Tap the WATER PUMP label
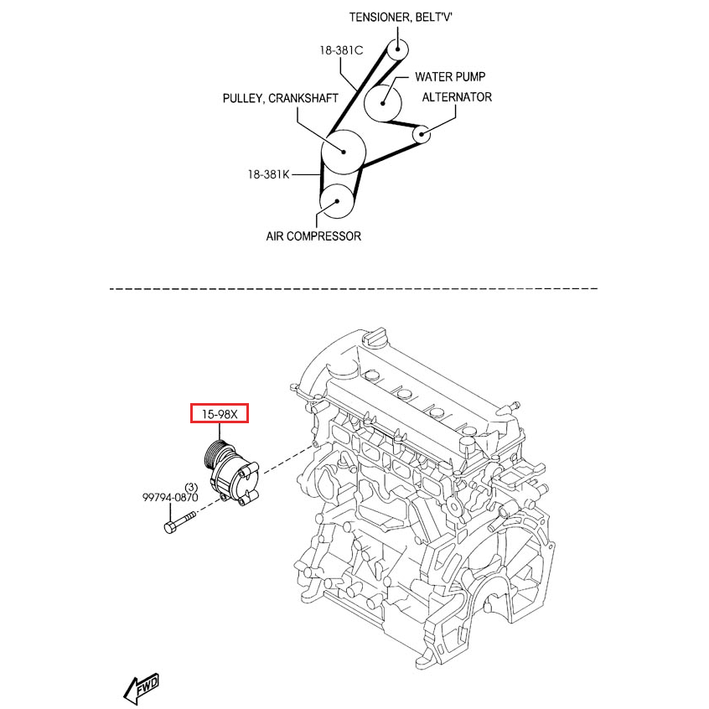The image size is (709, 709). coord(450,77)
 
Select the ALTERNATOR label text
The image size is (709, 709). coord(457,97)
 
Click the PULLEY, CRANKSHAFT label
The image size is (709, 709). coord(280,99)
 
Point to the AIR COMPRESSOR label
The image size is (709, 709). coord(313,236)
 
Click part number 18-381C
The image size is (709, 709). coord(340,50)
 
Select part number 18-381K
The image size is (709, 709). coord(268,174)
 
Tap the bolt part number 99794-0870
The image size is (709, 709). coord(169,497)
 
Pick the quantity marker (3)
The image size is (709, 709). coord(190,487)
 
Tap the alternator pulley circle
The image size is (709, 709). coord(422,133)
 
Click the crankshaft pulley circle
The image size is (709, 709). coord(344,152)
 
